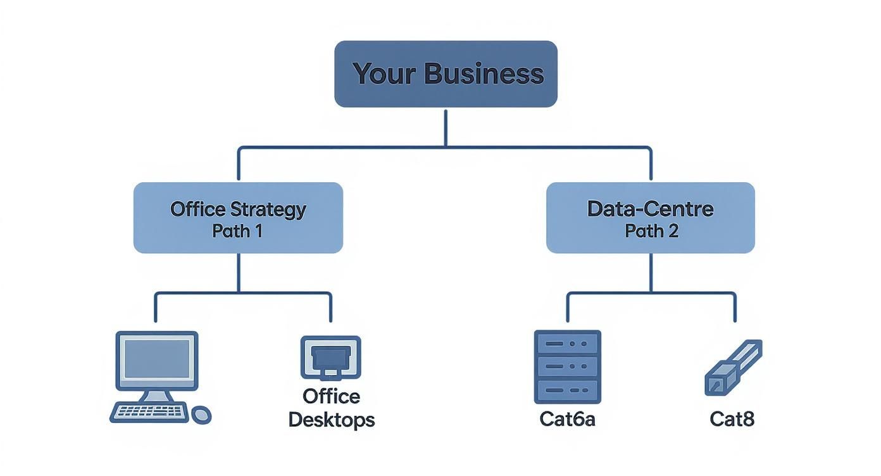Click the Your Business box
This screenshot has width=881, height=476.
[x=446, y=73]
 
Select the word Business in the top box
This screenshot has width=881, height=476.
[x=484, y=73]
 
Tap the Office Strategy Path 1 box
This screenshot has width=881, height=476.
[x=238, y=218]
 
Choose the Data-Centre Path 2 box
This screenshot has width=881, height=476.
[x=651, y=218]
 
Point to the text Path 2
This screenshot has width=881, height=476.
[x=651, y=230]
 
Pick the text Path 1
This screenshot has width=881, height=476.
[x=237, y=230]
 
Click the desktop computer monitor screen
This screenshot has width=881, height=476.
[x=157, y=358]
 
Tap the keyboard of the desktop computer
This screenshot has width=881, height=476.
[x=149, y=412]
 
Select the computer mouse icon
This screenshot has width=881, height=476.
[x=201, y=415]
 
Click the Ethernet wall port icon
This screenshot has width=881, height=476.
[x=330, y=358]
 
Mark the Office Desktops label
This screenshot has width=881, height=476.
[x=331, y=408]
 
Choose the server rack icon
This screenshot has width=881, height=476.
[x=567, y=366]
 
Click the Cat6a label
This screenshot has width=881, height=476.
[x=567, y=419]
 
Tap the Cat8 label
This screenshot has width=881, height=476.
[x=732, y=419]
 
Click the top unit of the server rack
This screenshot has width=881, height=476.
[x=567, y=344]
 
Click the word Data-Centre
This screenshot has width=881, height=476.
[x=650, y=208]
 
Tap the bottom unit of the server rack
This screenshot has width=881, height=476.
[x=567, y=389]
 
